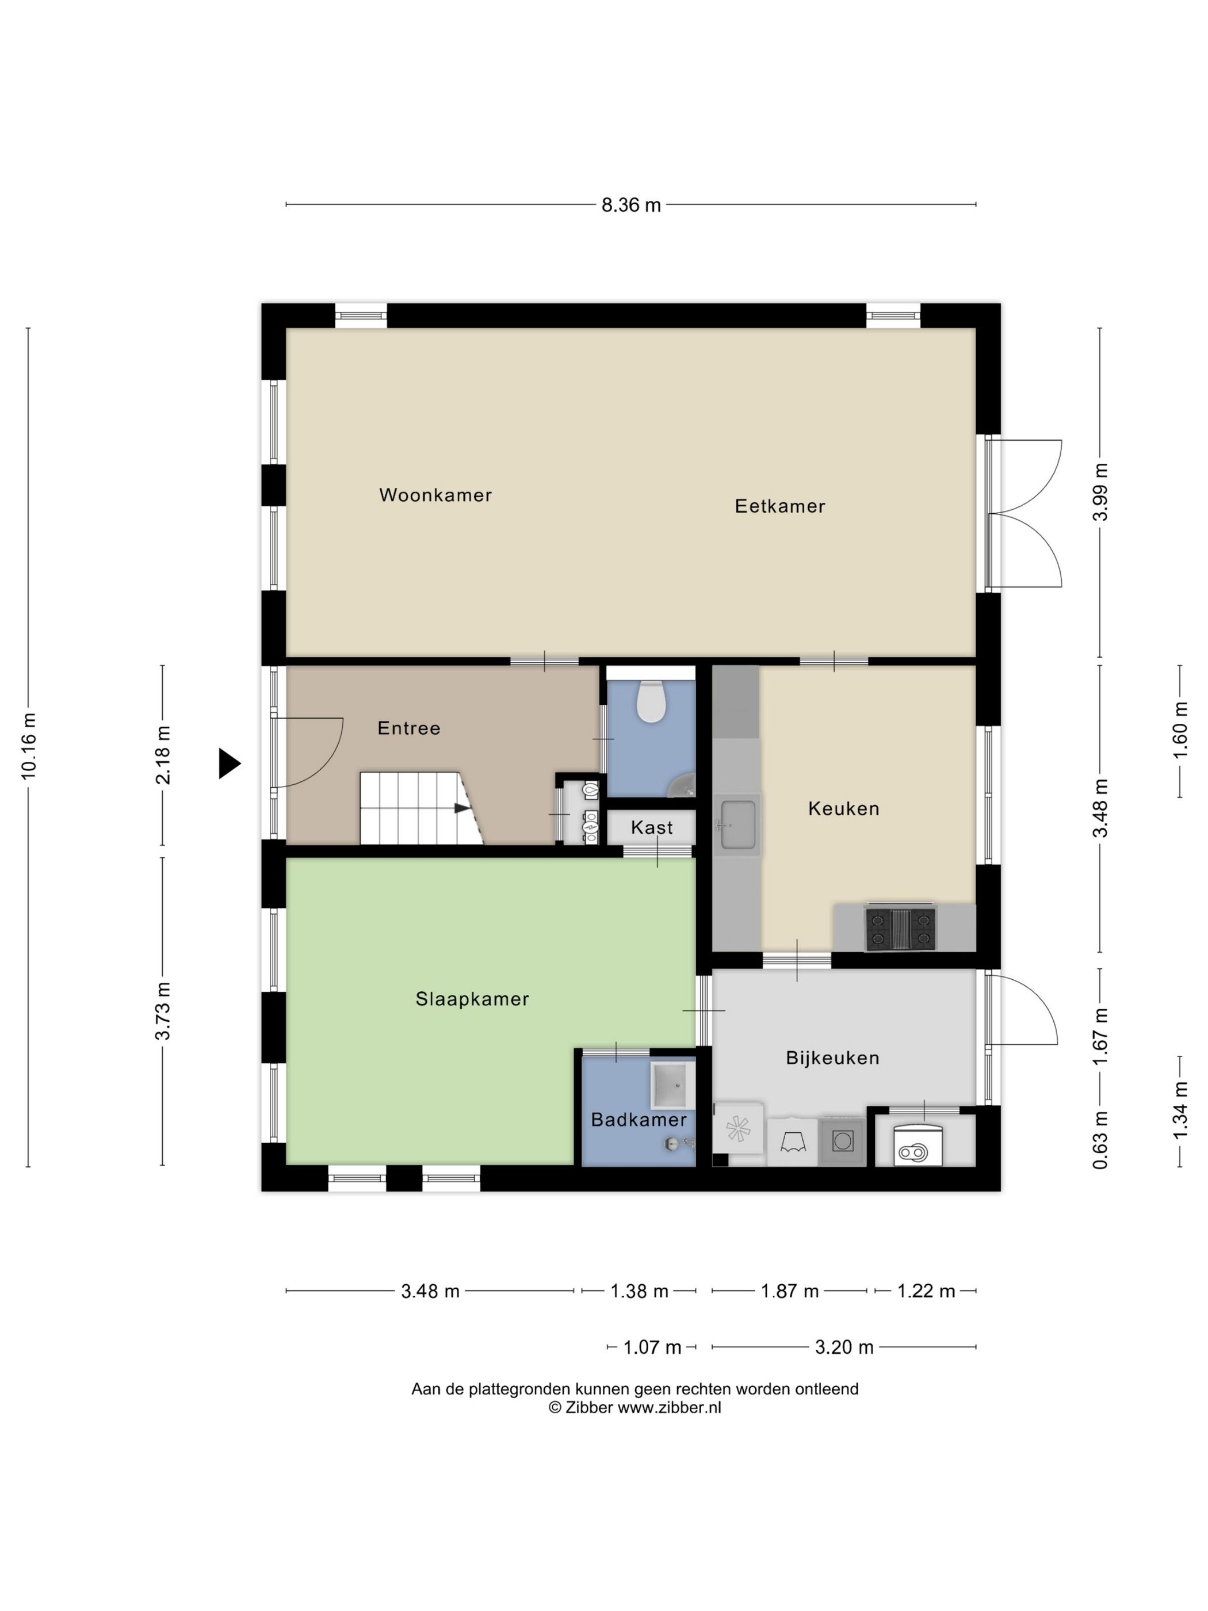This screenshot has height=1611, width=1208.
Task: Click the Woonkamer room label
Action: [x=435, y=495]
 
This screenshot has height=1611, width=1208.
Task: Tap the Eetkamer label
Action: [x=780, y=506]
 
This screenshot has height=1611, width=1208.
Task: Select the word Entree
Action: [x=408, y=728]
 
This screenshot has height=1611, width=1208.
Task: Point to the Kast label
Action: [x=652, y=827]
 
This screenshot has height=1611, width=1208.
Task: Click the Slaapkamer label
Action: [x=472, y=999]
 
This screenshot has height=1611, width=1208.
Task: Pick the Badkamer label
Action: [x=639, y=1120]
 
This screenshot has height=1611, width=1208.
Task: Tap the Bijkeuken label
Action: [x=832, y=1058]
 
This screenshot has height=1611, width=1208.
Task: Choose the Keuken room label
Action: [x=844, y=808]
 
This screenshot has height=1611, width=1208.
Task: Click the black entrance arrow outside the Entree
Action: [x=230, y=763]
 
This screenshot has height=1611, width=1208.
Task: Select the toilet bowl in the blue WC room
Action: [x=651, y=701]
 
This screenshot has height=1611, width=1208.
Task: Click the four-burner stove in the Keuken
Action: [x=900, y=929]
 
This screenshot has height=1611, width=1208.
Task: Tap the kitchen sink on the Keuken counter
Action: [x=737, y=824]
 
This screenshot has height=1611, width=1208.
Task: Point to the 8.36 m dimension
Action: [x=630, y=205]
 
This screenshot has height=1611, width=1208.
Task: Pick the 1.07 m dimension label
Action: [x=652, y=1347]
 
